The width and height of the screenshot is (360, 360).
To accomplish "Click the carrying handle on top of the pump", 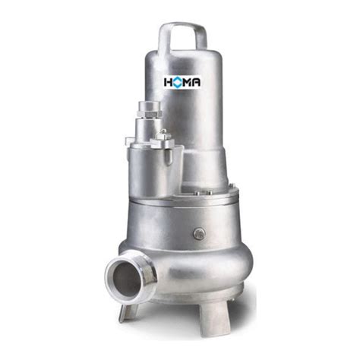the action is point(183,26).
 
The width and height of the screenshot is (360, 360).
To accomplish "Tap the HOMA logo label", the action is point(182,82).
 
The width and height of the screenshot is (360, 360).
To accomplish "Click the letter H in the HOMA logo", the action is point(169,82).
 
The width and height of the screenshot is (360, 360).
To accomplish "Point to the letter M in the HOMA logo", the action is point(188,82).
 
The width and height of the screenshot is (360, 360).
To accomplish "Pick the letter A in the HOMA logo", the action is point(196,82).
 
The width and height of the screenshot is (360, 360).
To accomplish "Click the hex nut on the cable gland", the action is point(150,113).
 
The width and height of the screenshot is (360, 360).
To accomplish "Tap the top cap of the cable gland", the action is point(150,105).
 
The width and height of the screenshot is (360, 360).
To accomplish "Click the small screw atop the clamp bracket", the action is point(163,131).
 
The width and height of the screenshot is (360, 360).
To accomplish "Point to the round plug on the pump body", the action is point(199,233).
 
